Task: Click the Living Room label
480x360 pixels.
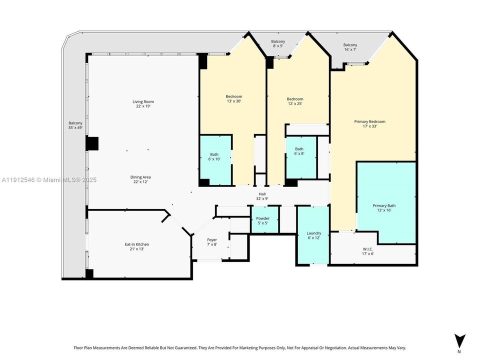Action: [x=142, y=104]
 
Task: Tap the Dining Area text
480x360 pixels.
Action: [x=140, y=179]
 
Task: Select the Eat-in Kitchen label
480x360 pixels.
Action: [x=136, y=246]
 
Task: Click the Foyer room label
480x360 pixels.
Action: [x=212, y=242]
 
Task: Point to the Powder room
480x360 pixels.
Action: [x=263, y=220]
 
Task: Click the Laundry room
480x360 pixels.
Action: [x=313, y=235]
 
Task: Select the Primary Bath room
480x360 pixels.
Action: [x=384, y=208]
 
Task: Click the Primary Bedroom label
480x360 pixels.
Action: [x=369, y=123]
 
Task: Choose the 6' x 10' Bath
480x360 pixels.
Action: [x=214, y=156]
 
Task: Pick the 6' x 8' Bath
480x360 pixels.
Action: [x=299, y=151]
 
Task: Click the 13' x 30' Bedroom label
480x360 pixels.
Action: [x=234, y=99]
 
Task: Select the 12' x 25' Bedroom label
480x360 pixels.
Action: [x=295, y=101]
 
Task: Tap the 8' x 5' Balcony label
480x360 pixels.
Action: [x=278, y=43]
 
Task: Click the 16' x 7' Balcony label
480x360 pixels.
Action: [x=350, y=47]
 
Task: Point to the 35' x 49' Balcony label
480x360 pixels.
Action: [x=75, y=125]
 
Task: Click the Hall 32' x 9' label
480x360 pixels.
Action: [x=262, y=196]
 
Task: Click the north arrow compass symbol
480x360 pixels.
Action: [x=460, y=339]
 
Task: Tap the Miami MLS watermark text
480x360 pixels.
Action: [x=49, y=179]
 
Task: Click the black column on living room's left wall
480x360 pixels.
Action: [x=92, y=143]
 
